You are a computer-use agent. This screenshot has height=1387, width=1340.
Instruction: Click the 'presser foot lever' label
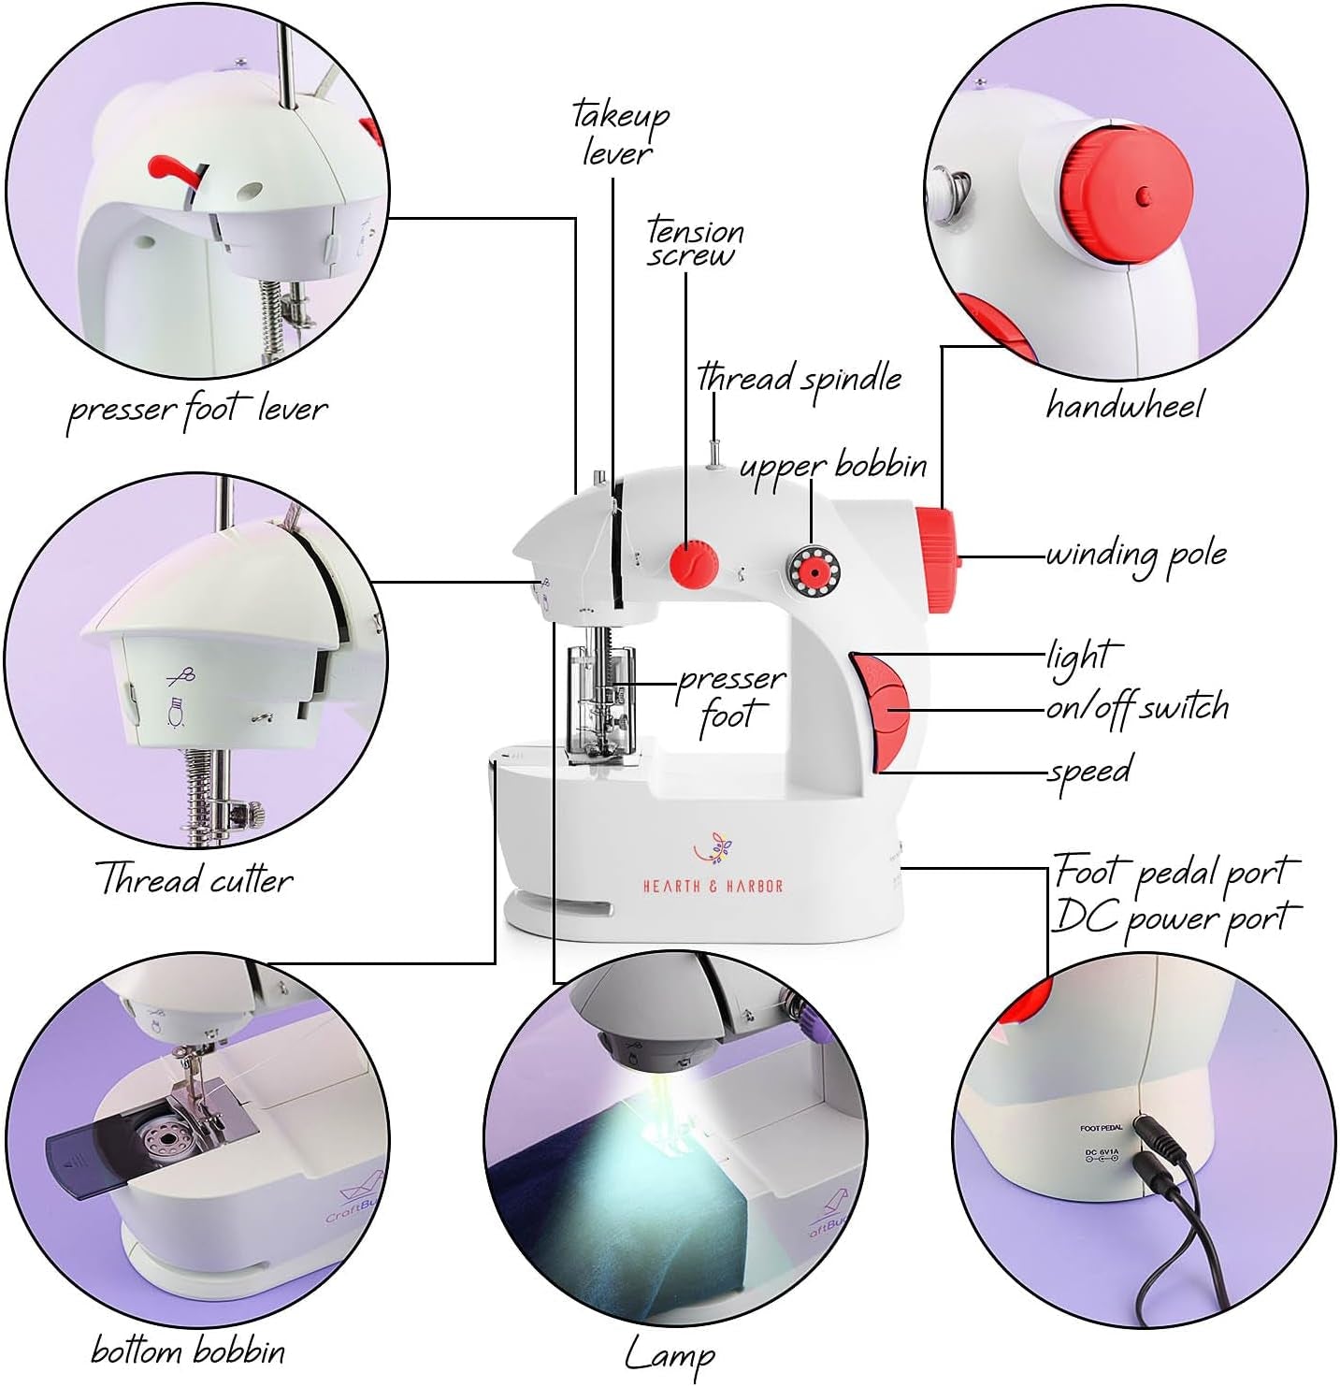(x=197, y=410)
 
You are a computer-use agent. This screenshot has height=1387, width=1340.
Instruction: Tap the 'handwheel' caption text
(x=1124, y=405)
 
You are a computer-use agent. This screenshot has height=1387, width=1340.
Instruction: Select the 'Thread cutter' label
(x=195, y=879)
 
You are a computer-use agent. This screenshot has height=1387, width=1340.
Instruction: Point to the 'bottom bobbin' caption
(x=188, y=1351)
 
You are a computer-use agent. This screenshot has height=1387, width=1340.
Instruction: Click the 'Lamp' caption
(x=670, y=1353)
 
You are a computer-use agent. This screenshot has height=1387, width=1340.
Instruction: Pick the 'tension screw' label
(x=695, y=242)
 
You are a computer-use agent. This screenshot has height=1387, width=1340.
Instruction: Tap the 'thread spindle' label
(x=800, y=378)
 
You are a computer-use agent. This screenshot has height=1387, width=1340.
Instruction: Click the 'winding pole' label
(x=1135, y=555)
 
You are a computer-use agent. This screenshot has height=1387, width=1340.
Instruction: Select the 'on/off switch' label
(x=1137, y=708)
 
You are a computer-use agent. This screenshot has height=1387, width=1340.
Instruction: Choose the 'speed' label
(x=1089, y=771)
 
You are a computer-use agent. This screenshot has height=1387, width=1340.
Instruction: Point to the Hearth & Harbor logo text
(x=713, y=886)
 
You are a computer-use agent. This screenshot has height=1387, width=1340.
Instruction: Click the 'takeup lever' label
(x=620, y=133)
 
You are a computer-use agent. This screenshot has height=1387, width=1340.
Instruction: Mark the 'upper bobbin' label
(x=833, y=466)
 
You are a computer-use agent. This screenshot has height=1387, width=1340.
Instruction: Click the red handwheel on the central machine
(x=937, y=559)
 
